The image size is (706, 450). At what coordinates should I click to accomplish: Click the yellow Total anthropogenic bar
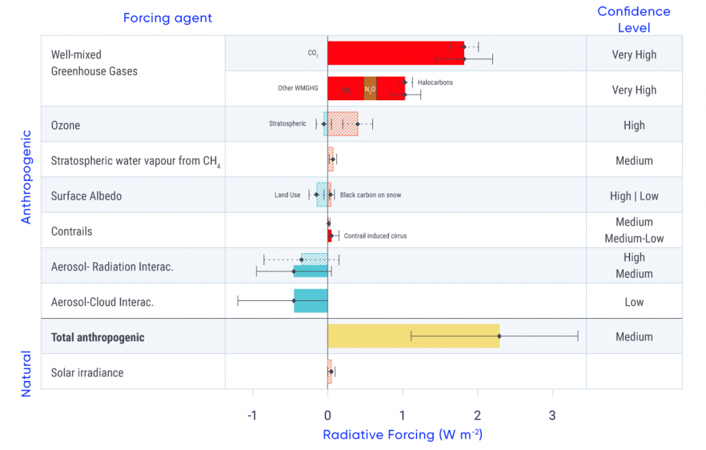tap(413, 336)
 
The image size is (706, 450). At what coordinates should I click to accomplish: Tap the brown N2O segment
tap(370, 89)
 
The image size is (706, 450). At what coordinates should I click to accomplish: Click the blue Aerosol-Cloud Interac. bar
tap(310, 301)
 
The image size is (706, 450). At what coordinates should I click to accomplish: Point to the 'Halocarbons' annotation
tap(435, 83)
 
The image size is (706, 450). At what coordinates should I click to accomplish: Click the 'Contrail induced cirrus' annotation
tap(375, 236)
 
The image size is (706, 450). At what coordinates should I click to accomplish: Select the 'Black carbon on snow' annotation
tap(370, 195)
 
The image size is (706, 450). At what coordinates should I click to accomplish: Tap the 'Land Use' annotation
tap(288, 195)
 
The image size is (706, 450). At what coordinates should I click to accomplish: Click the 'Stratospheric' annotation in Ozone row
tap(288, 124)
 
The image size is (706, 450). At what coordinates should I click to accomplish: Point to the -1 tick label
tap(252, 415)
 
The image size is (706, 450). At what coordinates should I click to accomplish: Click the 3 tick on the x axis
tap(552, 415)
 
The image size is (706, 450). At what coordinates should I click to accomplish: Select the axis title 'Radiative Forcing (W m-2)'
tap(403, 435)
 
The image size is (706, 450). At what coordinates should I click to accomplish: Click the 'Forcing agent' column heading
tap(168, 18)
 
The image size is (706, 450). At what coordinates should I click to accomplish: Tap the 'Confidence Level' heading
tap(634, 19)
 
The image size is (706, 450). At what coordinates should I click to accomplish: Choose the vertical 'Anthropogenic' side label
tap(26, 177)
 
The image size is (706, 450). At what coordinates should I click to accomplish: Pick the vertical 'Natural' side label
tap(26, 373)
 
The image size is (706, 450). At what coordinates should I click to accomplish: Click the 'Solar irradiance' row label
tap(88, 373)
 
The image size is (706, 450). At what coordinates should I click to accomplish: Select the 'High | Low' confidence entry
tap(634, 196)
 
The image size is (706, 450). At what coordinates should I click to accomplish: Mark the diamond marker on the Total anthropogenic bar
tap(499, 337)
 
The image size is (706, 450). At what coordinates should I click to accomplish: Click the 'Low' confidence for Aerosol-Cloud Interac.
tap(634, 302)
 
